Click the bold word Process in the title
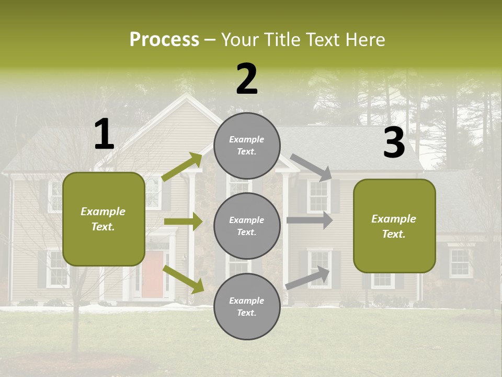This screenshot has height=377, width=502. (164, 40)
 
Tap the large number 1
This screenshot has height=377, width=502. (104, 135)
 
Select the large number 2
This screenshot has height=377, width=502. (247, 79)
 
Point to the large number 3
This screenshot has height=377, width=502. (394, 143)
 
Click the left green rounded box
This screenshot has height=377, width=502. (104, 219)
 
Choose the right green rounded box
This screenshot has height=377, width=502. (394, 226)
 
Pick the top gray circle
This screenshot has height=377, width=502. (247, 146)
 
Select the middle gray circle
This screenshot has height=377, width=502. (247, 226)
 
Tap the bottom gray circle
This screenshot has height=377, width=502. (247, 306)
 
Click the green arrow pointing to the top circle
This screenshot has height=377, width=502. (182, 167)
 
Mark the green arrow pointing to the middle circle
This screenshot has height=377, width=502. (183, 221)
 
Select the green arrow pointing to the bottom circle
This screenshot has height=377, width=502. (183, 279)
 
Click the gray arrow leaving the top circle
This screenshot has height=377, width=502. (311, 167)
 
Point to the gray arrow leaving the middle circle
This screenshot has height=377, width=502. (310, 220)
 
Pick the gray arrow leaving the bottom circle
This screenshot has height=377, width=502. (307, 278)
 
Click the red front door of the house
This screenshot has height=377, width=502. (152, 274)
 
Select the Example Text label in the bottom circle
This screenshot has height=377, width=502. (247, 306)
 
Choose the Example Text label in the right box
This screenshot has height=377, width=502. (394, 226)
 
